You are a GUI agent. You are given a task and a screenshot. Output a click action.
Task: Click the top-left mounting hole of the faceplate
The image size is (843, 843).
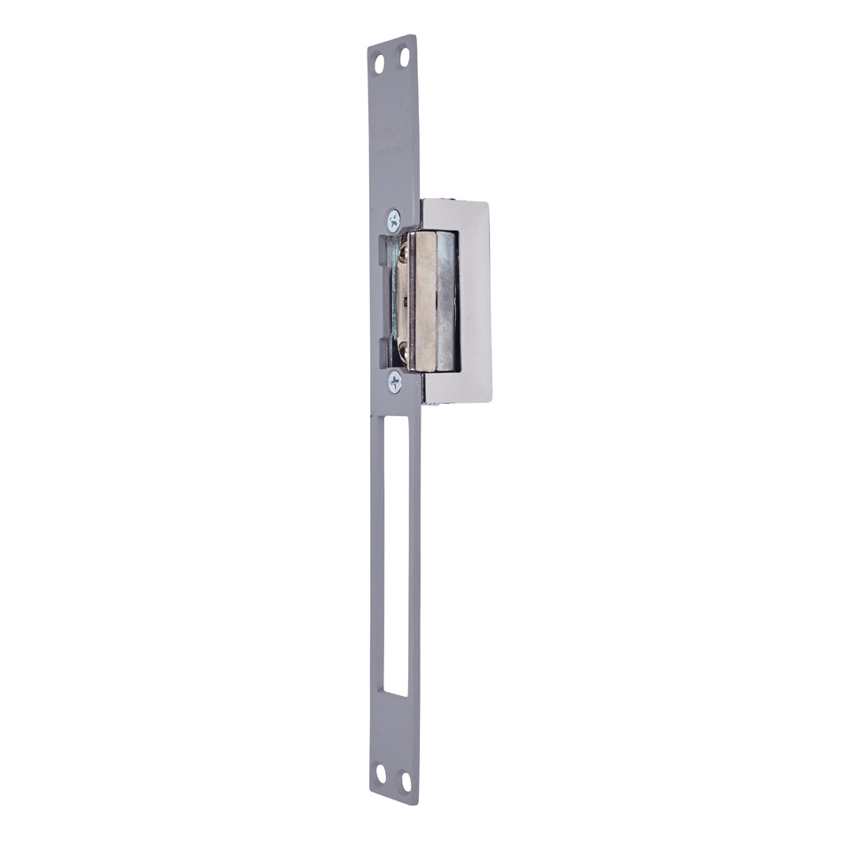[x=379, y=64]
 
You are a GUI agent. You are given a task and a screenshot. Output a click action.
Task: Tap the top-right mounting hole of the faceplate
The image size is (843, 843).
[x=405, y=59]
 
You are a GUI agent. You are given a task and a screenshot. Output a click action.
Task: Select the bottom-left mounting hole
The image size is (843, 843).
[x=381, y=773]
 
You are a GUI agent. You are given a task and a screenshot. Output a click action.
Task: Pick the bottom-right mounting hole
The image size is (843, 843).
[x=406, y=781]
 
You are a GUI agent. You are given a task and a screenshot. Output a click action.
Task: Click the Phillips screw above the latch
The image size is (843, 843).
[x=393, y=220]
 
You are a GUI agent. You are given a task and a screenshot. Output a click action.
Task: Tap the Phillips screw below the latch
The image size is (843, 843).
[x=394, y=381]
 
